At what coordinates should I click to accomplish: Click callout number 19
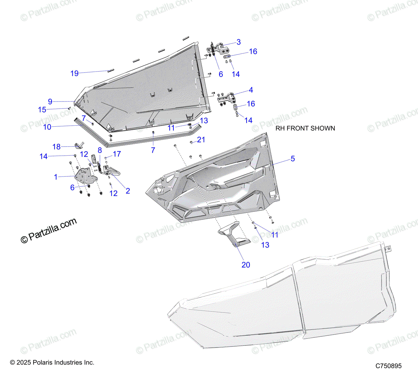(75, 73)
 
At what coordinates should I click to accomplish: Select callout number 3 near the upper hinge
(239, 42)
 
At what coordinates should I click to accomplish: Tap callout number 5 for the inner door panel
(293, 159)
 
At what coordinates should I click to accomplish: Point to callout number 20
(246, 265)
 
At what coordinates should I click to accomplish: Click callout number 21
(201, 140)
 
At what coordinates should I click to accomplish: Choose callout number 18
(56, 147)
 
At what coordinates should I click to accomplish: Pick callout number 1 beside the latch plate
(56, 177)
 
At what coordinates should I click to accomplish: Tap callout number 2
(128, 191)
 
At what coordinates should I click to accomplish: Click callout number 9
(50, 102)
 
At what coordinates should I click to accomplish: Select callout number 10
(47, 127)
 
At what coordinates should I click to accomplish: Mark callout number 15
(42, 110)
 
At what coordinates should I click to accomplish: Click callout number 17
(117, 154)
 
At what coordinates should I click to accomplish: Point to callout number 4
(251, 90)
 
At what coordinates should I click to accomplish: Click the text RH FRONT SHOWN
(305, 128)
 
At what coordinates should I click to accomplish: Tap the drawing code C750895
(388, 366)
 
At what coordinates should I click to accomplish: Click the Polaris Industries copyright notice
(52, 363)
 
